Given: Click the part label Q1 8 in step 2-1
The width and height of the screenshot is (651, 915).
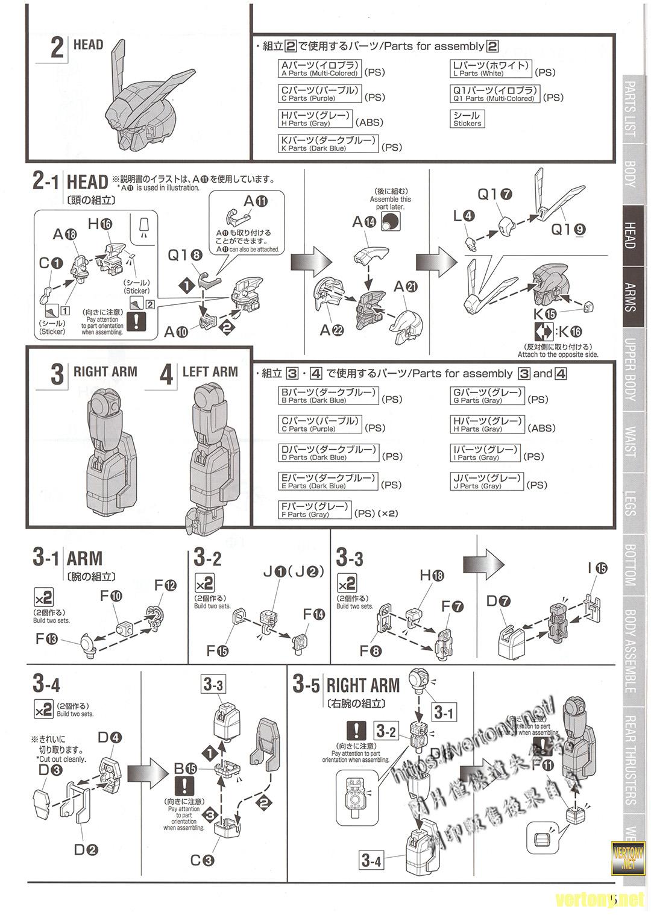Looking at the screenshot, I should pyautogui.click(x=187, y=256).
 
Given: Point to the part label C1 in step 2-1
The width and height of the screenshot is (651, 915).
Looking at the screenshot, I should pyautogui.click(x=51, y=263).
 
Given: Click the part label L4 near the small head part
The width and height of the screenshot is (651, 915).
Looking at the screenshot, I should pyautogui.click(x=465, y=216).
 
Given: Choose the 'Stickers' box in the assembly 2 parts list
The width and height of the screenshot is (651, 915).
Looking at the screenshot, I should pyautogui.click(x=467, y=119).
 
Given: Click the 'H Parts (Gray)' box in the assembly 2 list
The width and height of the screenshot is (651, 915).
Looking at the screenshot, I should pyautogui.click(x=314, y=119).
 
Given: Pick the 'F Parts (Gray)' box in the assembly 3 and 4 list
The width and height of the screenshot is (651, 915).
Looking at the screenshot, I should pyautogui.click(x=314, y=510).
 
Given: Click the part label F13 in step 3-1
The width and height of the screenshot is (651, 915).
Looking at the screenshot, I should pyautogui.click(x=46, y=638).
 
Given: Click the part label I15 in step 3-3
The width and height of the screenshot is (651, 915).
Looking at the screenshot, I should pyautogui.click(x=597, y=568).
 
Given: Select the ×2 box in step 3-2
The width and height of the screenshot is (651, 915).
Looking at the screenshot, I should pyautogui.click(x=204, y=583).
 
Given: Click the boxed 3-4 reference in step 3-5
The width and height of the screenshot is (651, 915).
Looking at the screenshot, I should pyautogui.click(x=371, y=861).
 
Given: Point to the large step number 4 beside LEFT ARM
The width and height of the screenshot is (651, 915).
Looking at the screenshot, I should pyautogui.click(x=166, y=374).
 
